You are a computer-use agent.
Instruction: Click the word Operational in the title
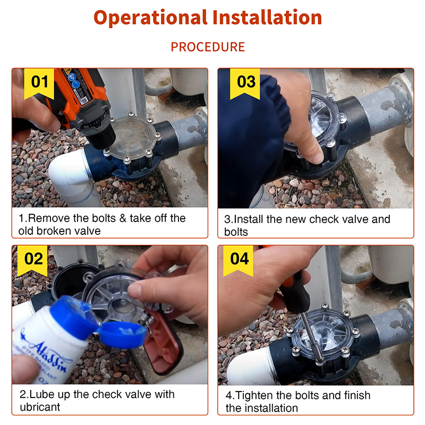click(150, 18)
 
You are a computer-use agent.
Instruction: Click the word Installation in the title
click(267, 18)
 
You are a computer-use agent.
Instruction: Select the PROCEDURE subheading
click(208, 47)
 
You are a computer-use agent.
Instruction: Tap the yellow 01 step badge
click(39, 83)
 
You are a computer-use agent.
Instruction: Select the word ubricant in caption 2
click(40, 407)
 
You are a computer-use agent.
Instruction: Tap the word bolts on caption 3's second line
click(236, 232)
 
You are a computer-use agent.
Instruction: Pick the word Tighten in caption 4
click(254, 395)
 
